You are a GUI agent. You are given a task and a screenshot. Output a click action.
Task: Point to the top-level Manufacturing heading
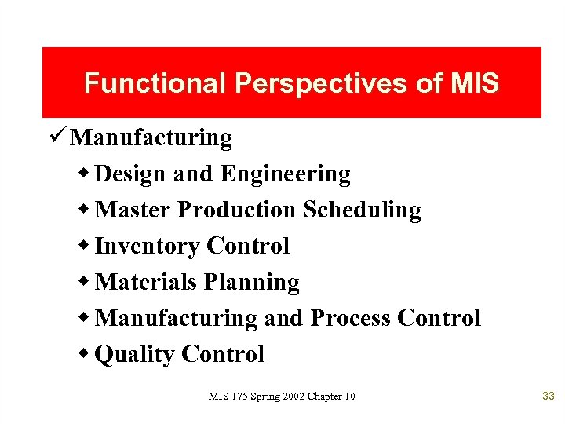tap(151, 138)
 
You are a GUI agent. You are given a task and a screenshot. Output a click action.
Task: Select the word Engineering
tap(285, 174)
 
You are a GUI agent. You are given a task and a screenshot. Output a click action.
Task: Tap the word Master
tap(133, 210)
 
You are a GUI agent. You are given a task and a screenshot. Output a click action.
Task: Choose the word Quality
tap(134, 355)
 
